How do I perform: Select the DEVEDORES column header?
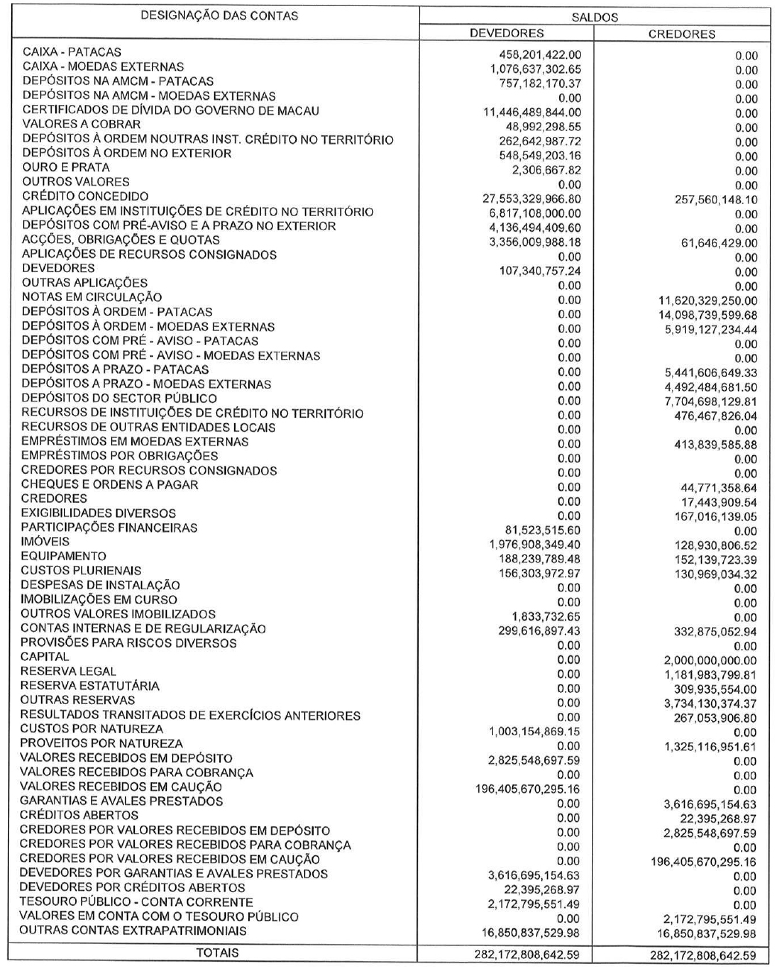click(506, 34)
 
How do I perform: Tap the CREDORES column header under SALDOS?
click(681, 34)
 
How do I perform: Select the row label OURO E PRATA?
click(66, 168)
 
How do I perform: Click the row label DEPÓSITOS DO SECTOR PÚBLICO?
click(119, 399)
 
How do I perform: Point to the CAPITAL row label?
click(45, 657)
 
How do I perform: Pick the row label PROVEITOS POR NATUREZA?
click(101, 744)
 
